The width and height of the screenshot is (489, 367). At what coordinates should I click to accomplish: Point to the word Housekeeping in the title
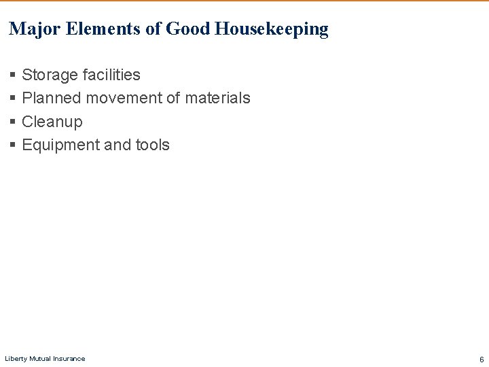[272, 29]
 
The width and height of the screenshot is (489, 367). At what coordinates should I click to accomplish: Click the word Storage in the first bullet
[49, 75]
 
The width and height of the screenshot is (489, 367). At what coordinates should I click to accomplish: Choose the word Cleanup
[52, 122]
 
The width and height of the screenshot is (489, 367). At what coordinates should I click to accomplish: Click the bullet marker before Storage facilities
[13, 75]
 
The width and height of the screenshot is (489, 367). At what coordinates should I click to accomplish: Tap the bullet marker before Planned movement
[13, 99]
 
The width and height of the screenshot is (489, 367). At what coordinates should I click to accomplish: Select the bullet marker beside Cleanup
[13, 122]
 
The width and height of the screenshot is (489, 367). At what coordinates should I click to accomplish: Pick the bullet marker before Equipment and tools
[13, 145]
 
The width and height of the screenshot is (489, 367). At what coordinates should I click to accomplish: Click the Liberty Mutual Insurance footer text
[45, 359]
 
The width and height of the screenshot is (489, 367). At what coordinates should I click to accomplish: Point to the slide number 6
[482, 360]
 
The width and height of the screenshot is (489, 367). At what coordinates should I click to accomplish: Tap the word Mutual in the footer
[41, 359]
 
